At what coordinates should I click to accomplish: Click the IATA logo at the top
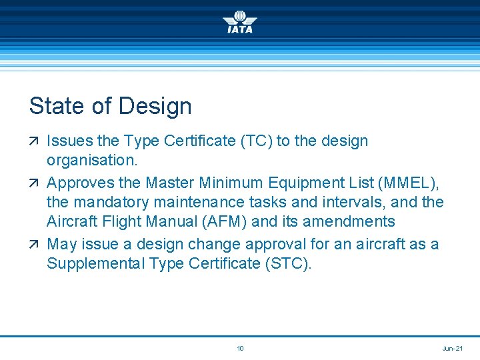[240, 21]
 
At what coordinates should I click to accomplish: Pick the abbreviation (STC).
[288, 263]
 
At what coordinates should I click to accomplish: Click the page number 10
[240, 348]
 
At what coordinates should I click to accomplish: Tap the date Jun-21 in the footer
[453, 348]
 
